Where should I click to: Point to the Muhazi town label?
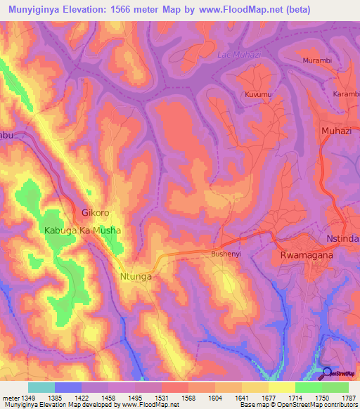tap(336, 131)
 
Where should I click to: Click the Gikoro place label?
tap(96, 212)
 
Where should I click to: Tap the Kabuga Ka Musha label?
tap(82, 231)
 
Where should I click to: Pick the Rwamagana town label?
tap(306, 256)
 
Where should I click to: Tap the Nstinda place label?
tap(343, 239)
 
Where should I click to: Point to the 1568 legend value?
tap(188, 398)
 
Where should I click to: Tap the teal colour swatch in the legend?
tap(41, 387)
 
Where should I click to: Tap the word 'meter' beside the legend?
tap(10, 398)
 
